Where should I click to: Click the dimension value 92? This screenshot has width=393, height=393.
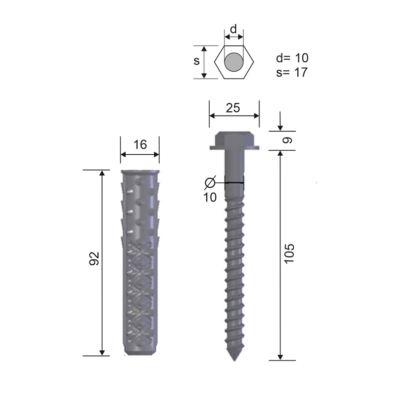94,258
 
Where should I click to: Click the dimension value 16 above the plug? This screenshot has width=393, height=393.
140,144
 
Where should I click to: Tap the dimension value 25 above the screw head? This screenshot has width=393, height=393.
233,108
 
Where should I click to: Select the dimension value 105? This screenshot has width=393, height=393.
289,253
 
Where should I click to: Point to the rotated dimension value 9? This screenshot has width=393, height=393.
287,140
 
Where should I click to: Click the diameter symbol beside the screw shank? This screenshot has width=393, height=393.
210,182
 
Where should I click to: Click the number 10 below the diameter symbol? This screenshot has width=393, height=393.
210,197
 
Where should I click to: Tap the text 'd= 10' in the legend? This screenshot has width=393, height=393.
292,58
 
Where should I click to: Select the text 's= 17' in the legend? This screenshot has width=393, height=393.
292,72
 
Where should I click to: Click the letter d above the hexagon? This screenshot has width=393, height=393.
233,29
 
